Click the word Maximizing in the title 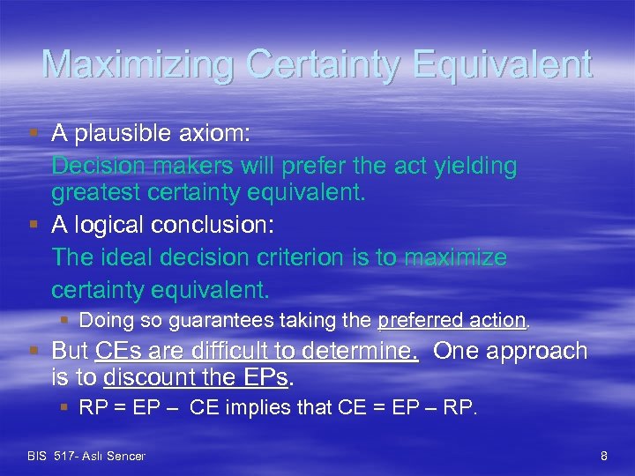point(137,64)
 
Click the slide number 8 point(604,456)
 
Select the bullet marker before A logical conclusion point(34,226)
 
